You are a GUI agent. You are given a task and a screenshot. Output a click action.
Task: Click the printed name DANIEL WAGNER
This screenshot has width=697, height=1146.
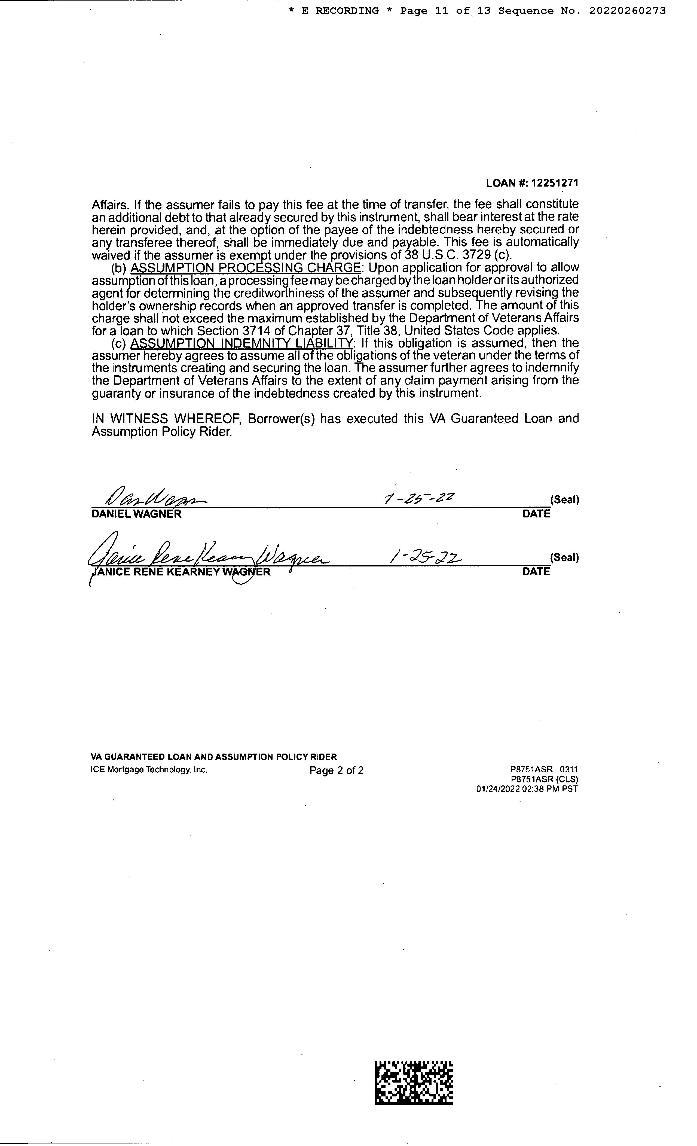coord(136,514)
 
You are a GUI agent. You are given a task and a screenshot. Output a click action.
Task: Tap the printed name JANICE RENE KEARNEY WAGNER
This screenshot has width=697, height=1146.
coord(181,572)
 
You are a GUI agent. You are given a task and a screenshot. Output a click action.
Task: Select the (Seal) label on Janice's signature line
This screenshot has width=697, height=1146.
coord(564,558)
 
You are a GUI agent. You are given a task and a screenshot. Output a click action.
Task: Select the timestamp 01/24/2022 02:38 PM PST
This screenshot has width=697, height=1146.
coord(527,789)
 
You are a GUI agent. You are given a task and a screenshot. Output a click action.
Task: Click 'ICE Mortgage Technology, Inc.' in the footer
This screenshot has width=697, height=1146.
coord(149,770)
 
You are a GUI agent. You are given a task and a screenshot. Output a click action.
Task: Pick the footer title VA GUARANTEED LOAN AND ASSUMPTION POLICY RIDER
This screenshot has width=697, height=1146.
coord(213,757)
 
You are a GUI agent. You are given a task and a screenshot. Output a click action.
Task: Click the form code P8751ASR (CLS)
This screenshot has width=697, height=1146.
coord(544,779)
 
